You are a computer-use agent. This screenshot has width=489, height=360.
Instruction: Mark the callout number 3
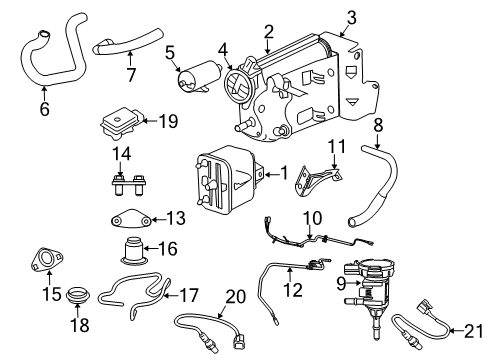350,17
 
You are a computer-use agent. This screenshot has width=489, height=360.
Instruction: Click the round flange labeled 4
241,81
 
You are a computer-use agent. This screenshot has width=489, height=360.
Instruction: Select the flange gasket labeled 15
43,262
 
